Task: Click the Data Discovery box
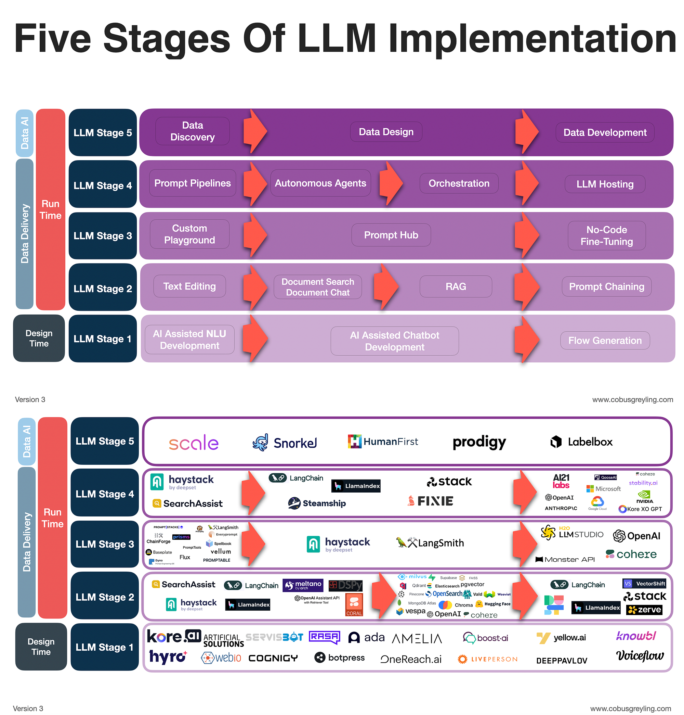pyautogui.click(x=192, y=131)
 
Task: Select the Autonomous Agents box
pyautogui.click(x=320, y=183)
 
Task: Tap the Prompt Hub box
pyautogui.click(x=391, y=235)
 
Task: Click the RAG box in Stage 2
pyautogui.click(x=456, y=286)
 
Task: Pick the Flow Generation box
pyautogui.click(x=605, y=340)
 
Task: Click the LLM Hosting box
pyautogui.click(x=605, y=184)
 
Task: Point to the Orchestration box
pyautogui.click(x=459, y=183)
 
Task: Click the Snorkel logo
pyautogui.click(x=285, y=443)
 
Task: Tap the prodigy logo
pyautogui.click(x=479, y=442)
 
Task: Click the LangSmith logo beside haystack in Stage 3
pyautogui.click(x=430, y=543)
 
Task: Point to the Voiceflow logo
pyautogui.click(x=640, y=655)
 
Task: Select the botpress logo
pyautogui.click(x=340, y=657)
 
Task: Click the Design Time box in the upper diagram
pyautogui.click(x=39, y=338)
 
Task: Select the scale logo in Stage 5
pyautogui.click(x=193, y=443)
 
